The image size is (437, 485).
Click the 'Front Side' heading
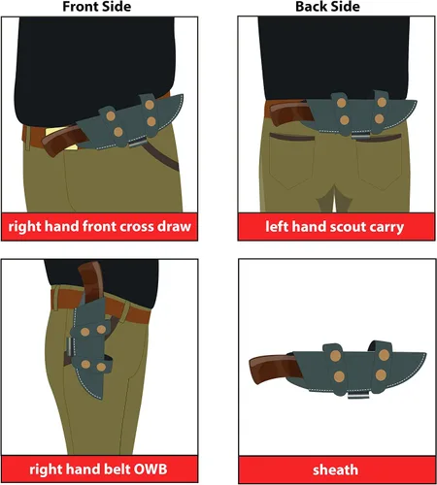point(96,7)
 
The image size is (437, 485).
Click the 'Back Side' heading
point(327,7)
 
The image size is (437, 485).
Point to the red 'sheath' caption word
point(335,469)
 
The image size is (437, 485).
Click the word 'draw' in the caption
point(175,227)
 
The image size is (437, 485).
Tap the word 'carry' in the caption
point(387,227)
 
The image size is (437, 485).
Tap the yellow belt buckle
point(61,139)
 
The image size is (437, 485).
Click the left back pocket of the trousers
point(291,161)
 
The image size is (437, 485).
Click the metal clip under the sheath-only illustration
point(358,395)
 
